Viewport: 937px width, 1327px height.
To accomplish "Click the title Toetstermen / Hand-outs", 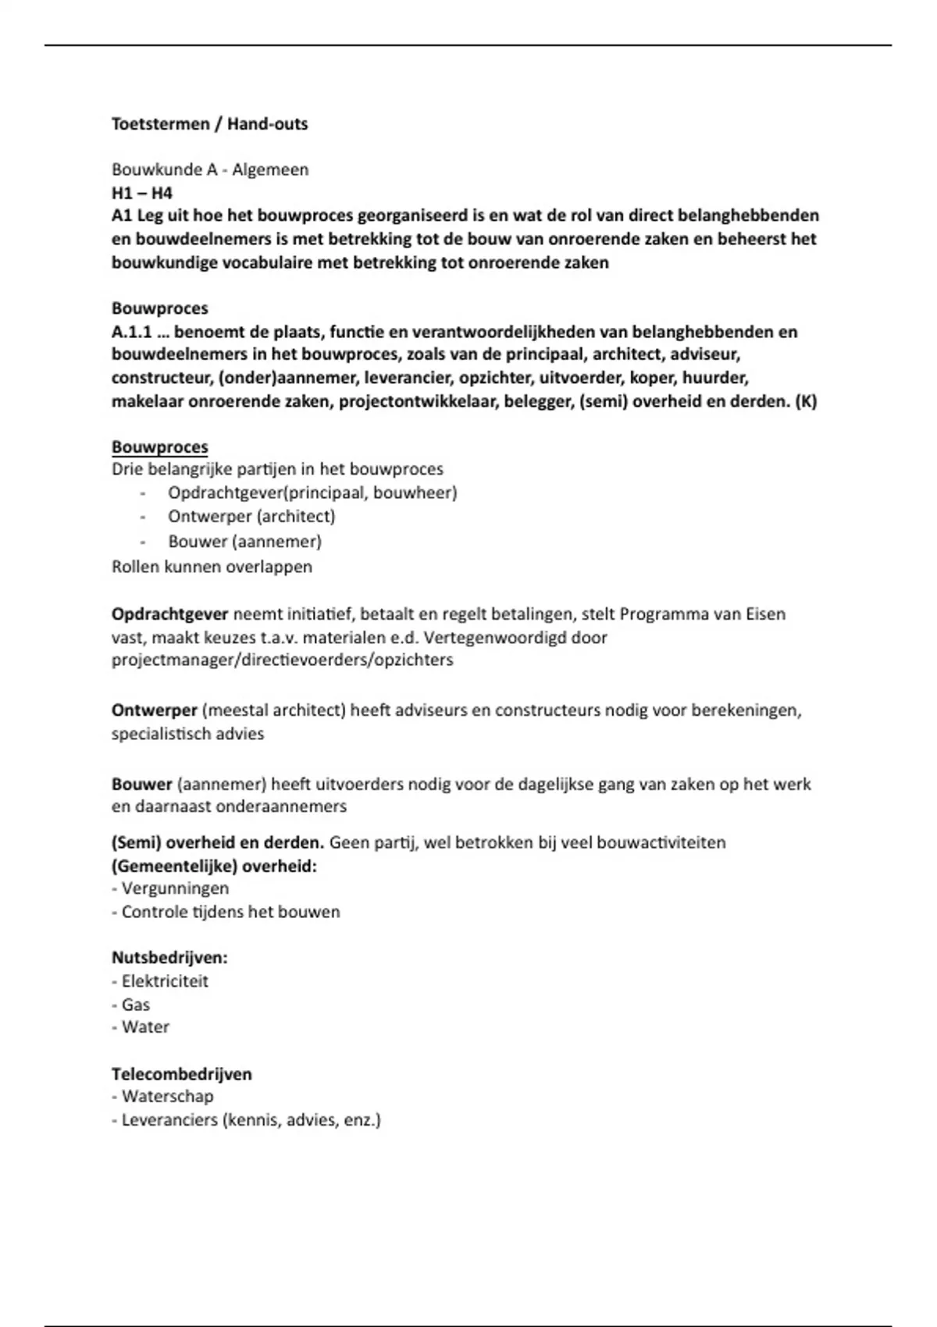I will tap(209, 124).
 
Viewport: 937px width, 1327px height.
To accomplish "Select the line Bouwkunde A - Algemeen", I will tap(209, 169).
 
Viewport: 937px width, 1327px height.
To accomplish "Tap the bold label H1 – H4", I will tap(141, 193).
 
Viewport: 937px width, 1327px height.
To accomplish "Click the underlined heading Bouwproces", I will tap(159, 447).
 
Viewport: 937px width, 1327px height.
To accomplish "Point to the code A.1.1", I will tap(131, 332).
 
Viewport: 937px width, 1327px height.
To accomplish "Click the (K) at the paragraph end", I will tap(805, 402).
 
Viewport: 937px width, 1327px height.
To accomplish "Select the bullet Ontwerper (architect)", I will tap(251, 517).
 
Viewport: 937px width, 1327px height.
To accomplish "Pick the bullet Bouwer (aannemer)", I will tap(244, 541).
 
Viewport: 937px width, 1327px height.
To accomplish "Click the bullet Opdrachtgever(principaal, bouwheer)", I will tap(312, 493).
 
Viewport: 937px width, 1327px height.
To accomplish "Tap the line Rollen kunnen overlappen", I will tap(212, 567).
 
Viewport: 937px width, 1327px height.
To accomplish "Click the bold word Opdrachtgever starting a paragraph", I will tap(169, 614).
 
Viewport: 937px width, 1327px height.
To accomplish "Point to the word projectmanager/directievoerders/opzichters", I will tap(282, 660).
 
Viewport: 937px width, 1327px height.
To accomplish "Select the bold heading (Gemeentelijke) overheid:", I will tap(214, 866).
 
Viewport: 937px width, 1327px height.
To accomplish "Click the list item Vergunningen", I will tap(175, 888).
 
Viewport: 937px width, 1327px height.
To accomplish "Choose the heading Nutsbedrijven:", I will tap(169, 958).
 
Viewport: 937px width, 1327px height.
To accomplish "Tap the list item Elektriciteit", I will tap(165, 981).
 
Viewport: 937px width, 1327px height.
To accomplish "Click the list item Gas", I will tap(135, 1005).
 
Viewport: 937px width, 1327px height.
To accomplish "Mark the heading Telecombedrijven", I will tap(181, 1074).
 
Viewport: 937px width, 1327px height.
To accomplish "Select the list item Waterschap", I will tap(167, 1097).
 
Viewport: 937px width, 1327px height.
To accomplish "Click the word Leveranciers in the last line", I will tap(169, 1120).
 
